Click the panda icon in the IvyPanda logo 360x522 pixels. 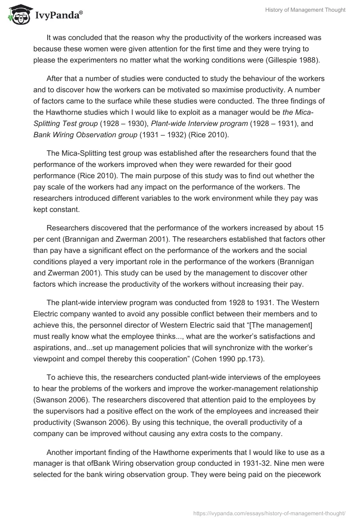18,14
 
